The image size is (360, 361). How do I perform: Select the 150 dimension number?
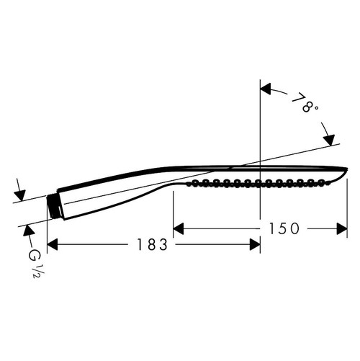pos(285,228)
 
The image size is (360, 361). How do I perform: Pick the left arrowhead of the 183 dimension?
pos(52,245)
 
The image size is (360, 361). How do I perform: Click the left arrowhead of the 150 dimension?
pos(179,229)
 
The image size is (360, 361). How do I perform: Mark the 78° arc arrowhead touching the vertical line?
pos(264,89)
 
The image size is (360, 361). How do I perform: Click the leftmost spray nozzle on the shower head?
pos(193,185)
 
